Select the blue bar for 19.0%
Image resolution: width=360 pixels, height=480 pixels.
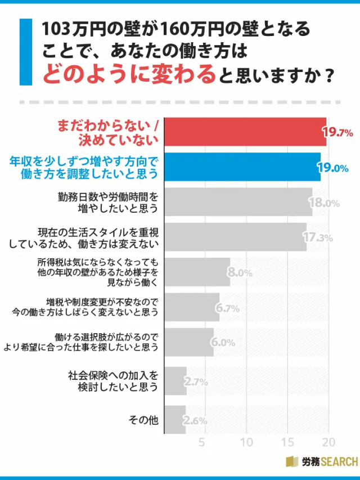(242, 167)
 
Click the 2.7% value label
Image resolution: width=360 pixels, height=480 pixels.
(197, 382)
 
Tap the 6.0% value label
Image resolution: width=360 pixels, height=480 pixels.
(223, 343)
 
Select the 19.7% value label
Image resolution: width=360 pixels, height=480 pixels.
(337, 133)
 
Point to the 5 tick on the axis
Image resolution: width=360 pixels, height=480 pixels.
(202, 442)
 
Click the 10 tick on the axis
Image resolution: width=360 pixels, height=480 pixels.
(245, 442)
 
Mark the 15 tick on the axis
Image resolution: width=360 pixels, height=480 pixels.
(288, 442)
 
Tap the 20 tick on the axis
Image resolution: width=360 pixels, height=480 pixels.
(330, 442)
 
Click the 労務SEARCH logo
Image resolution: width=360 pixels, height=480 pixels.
(321, 462)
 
